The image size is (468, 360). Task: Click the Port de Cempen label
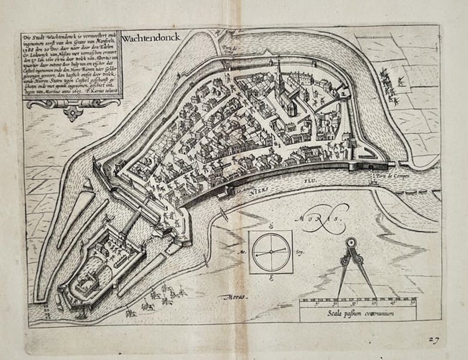388,175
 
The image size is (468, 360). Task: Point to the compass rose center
271,253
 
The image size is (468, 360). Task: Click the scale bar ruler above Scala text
357,301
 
